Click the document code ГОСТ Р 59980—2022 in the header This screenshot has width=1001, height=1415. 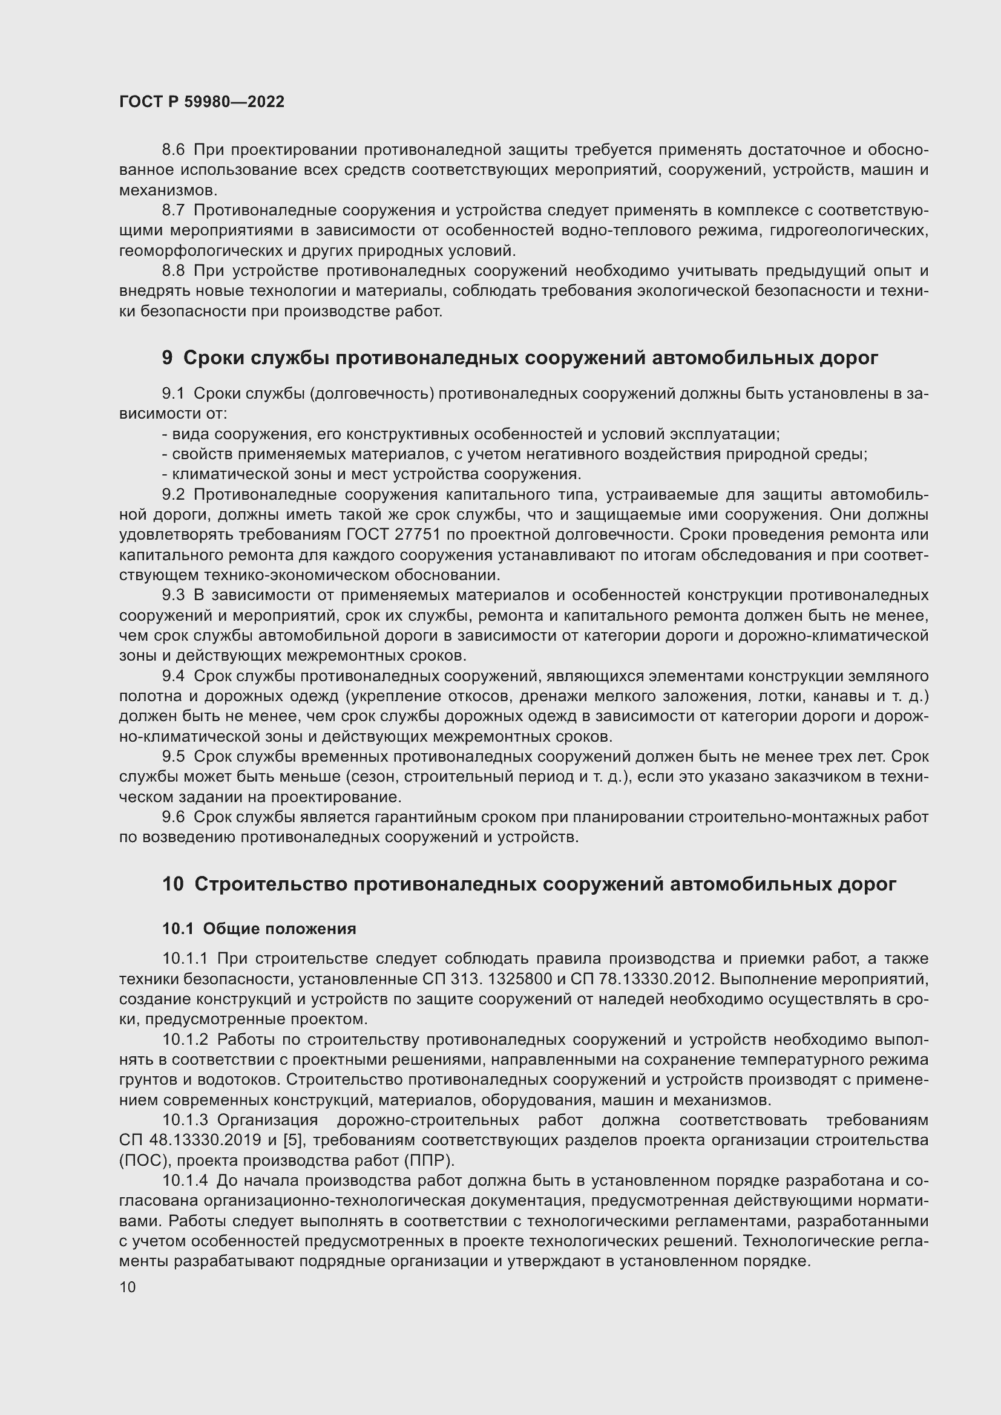pyautogui.click(x=202, y=102)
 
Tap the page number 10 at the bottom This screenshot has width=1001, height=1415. pyautogui.click(x=128, y=1287)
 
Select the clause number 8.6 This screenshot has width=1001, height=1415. pyautogui.click(x=173, y=150)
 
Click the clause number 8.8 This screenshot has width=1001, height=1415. pyautogui.click(x=173, y=271)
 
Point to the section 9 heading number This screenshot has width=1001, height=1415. pyautogui.click(x=167, y=358)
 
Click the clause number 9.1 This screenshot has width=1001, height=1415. pyautogui.click(x=173, y=394)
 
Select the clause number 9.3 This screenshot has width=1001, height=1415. pyautogui.click(x=173, y=595)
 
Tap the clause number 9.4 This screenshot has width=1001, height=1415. pyautogui.click(x=173, y=676)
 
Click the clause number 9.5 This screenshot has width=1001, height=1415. pyautogui.click(x=173, y=757)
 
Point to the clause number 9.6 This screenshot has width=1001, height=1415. pyautogui.click(x=173, y=817)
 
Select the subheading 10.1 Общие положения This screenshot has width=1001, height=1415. pyautogui.click(x=259, y=929)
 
